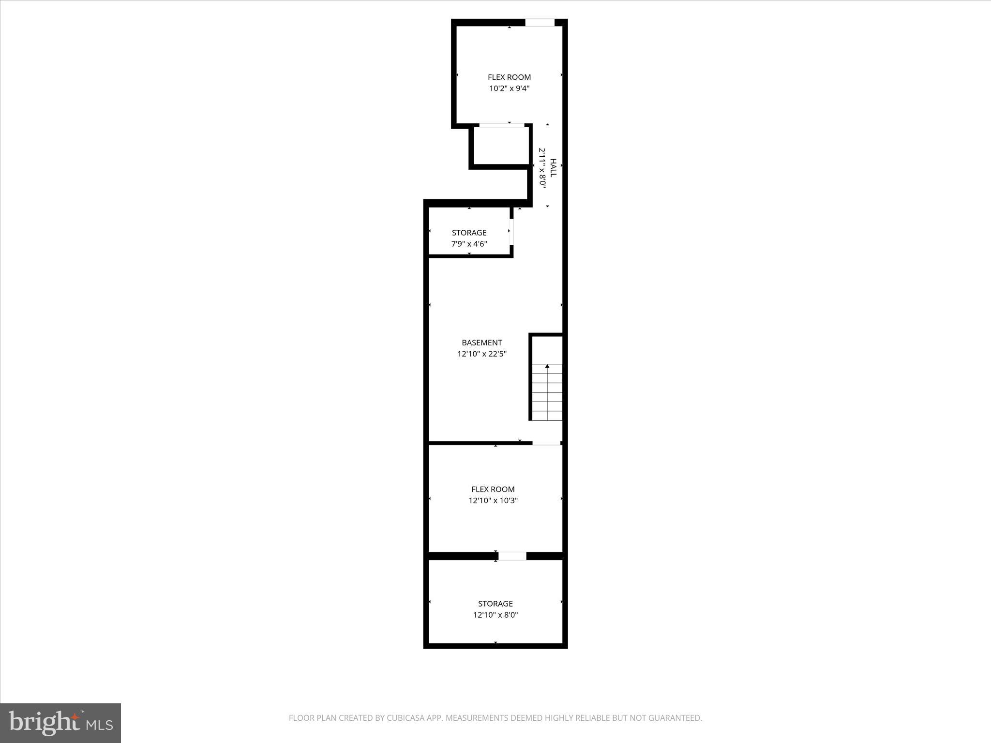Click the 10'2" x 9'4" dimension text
click(509, 89)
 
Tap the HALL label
click(553, 168)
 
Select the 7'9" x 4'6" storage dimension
click(469, 244)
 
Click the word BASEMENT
click(481, 342)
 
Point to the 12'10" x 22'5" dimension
click(481, 354)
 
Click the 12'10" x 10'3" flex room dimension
click(493, 501)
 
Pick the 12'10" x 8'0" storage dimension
click(495, 615)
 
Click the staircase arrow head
click(547, 366)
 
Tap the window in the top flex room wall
click(540, 22)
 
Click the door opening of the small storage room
click(511, 233)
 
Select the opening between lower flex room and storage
click(512, 556)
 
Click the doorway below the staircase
click(546, 443)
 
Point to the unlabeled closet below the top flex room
click(501, 146)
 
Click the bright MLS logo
click(60, 723)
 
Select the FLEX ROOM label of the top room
click(509, 77)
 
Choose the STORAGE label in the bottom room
click(495, 604)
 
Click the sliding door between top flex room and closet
click(502, 125)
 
